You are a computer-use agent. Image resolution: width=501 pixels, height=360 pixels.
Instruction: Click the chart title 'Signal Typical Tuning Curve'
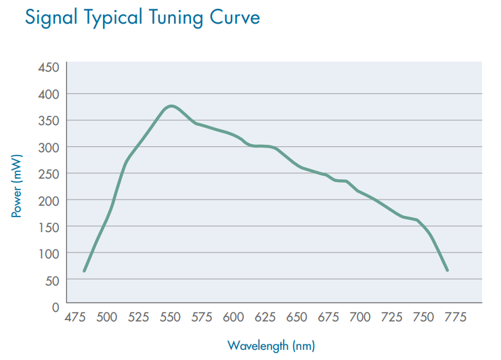(142, 18)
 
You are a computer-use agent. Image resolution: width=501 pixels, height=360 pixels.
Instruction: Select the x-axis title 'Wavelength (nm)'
(271, 346)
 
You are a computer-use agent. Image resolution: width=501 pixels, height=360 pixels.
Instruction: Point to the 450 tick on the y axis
(51, 67)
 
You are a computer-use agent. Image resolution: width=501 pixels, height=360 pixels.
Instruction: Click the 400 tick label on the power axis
(51, 93)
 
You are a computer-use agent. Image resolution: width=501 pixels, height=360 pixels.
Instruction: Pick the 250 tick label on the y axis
(51, 173)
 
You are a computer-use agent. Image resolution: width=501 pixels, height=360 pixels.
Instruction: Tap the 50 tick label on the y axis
(53, 279)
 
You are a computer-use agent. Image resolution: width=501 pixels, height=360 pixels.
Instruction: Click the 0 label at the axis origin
(56, 307)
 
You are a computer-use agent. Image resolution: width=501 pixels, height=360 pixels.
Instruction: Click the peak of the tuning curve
(171, 106)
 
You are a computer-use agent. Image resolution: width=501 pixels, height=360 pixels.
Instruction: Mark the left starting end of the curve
(85, 271)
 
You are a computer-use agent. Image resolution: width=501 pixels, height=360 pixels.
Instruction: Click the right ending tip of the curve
(448, 270)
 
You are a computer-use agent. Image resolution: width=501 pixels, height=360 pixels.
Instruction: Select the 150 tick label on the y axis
(51, 226)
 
